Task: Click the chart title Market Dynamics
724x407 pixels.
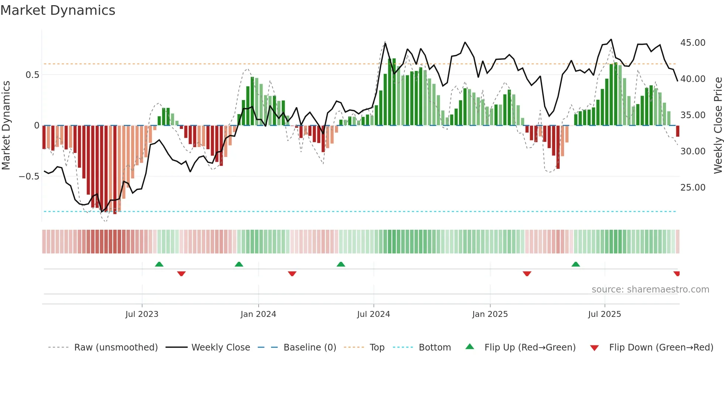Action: click(58, 10)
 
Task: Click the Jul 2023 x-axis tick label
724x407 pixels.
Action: click(142, 314)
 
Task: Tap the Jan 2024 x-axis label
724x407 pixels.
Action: click(258, 314)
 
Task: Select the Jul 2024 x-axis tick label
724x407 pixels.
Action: click(373, 314)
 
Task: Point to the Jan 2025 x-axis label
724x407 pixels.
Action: click(490, 314)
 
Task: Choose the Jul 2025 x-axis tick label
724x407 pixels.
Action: click(604, 314)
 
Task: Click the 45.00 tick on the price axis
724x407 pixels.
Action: click(693, 43)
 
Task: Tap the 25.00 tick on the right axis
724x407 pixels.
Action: click(693, 187)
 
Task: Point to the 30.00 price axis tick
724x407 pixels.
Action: click(693, 151)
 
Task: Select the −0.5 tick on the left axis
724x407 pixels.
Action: click(29, 176)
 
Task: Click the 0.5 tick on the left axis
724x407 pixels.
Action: click(32, 75)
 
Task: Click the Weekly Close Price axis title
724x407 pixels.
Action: click(718, 126)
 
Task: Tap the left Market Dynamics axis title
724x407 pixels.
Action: click(6, 126)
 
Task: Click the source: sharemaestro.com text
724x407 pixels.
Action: click(650, 289)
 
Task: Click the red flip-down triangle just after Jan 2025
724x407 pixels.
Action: click(527, 274)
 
